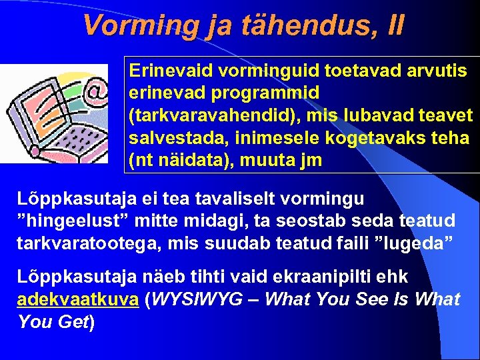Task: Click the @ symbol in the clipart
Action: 97,89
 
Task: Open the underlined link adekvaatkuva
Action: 77,300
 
